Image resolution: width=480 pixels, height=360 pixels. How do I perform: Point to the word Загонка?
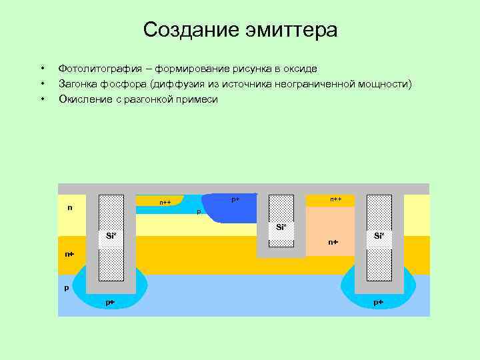[x=79, y=84]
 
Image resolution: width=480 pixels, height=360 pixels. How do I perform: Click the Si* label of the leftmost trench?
[x=111, y=235]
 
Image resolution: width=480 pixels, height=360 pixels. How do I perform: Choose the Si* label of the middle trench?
[x=281, y=227]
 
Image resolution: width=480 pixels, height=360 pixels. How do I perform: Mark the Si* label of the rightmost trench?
[x=379, y=235]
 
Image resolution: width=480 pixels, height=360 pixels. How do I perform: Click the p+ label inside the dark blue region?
[x=235, y=199]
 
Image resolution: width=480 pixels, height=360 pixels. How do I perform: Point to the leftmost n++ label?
[x=165, y=202]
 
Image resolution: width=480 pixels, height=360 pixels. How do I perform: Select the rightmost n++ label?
[x=335, y=199]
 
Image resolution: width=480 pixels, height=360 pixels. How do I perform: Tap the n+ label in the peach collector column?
[x=333, y=242]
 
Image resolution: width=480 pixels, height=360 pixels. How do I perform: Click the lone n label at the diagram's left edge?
[x=69, y=207]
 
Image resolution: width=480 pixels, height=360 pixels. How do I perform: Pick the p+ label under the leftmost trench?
[x=110, y=303]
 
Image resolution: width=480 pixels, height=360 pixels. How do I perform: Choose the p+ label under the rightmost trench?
[x=378, y=303]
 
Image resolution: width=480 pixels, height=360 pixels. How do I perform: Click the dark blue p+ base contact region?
[x=230, y=208]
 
